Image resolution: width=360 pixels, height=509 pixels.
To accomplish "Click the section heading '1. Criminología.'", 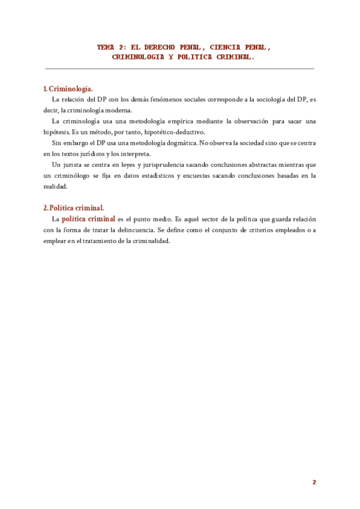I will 68,89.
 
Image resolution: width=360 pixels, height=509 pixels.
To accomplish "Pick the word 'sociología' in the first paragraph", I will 267,100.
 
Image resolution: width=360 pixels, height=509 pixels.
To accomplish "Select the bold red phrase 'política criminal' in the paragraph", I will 88,219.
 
